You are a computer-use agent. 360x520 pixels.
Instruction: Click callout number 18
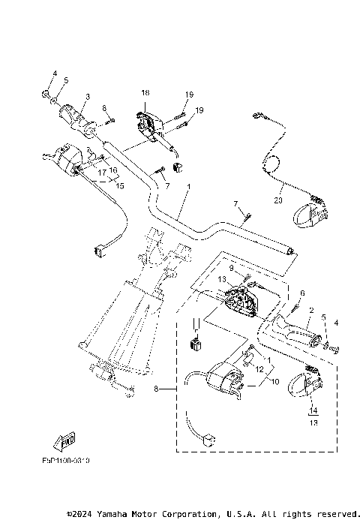(x=145, y=92)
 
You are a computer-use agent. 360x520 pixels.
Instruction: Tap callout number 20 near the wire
(x=277, y=200)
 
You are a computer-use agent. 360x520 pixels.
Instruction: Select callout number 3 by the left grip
(x=86, y=96)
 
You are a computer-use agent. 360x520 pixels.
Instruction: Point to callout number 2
(x=310, y=309)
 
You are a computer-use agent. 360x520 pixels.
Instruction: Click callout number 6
(x=302, y=294)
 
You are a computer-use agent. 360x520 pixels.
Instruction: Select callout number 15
(x=118, y=185)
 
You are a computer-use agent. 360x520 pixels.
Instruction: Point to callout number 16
(x=114, y=170)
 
